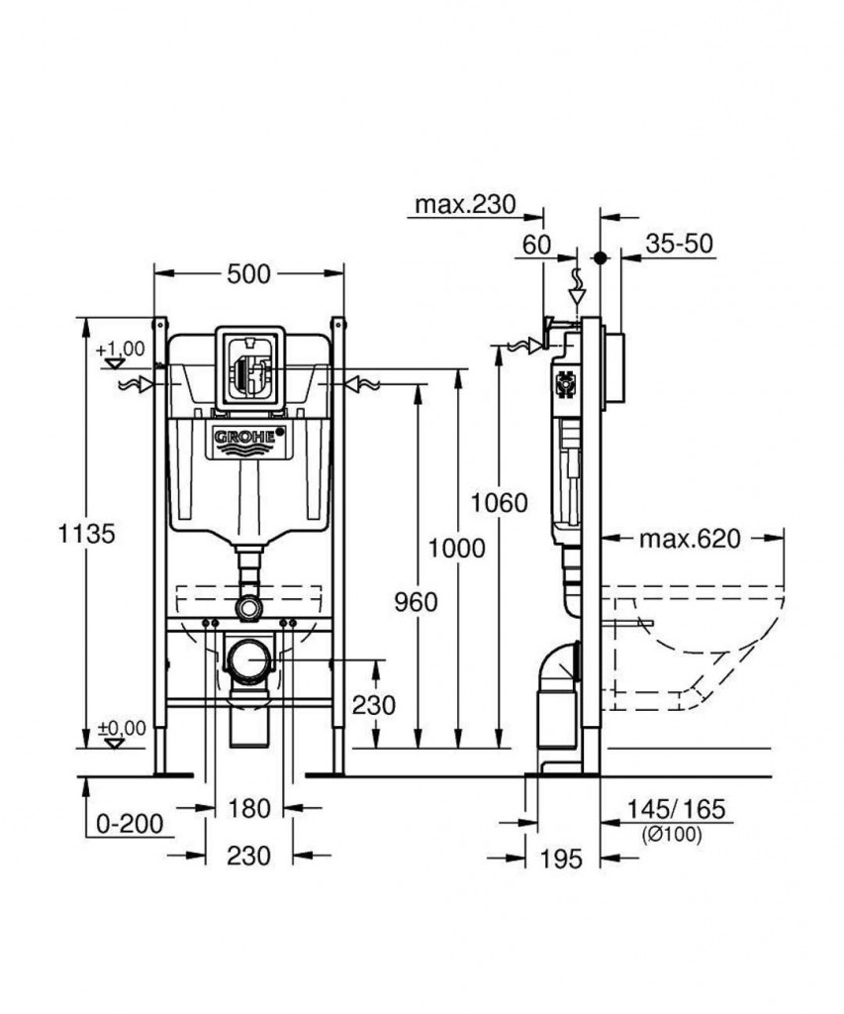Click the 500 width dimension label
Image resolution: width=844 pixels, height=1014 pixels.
pyautogui.click(x=247, y=274)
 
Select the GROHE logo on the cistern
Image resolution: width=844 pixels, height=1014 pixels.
pyautogui.click(x=249, y=437)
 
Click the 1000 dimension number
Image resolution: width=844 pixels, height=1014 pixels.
pyautogui.click(x=457, y=547)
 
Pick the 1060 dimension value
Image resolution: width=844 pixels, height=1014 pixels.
pyautogui.click(x=499, y=502)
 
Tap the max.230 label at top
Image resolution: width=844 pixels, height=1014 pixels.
pyautogui.click(x=465, y=204)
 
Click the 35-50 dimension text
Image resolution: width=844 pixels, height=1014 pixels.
pyautogui.click(x=680, y=244)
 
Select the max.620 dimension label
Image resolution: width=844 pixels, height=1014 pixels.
pyautogui.click(x=689, y=540)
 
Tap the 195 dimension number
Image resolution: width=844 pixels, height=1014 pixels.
pyautogui.click(x=562, y=859)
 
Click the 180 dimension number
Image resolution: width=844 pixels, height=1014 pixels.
pyautogui.click(x=248, y=809)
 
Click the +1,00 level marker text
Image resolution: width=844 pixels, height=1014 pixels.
pyautogui.click(x=121, y=349)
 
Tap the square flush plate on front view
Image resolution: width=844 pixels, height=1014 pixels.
pyautogui.click(x=249, y=366)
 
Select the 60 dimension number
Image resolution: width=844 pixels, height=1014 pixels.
pyautogui.click(x=534, y=244)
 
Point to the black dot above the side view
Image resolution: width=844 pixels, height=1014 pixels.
pyautogui.click(x=600, y=256)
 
